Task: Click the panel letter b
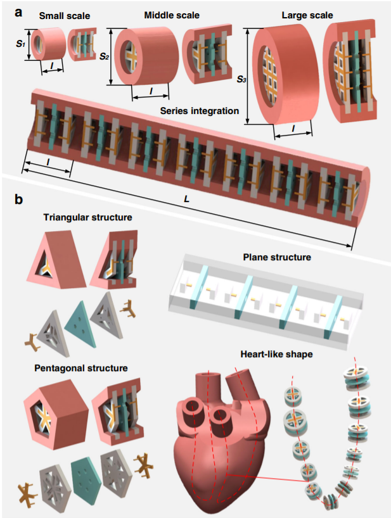(20, 200)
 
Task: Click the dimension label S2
(103, 58)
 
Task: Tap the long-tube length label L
(186, 198)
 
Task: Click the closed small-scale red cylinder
(46, 46)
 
